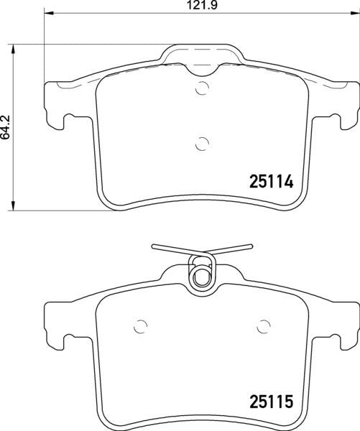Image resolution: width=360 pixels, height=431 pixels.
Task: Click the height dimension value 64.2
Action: [6, 128]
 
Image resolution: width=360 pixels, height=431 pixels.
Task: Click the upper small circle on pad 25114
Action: [202, 90]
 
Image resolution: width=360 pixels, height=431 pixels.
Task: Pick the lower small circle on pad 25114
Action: [202, 143]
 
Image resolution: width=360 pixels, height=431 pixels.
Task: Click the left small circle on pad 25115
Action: [142, 324]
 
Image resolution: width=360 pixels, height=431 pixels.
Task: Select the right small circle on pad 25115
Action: [262, 324]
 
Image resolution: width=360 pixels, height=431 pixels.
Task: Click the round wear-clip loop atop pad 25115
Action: [202, 274]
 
